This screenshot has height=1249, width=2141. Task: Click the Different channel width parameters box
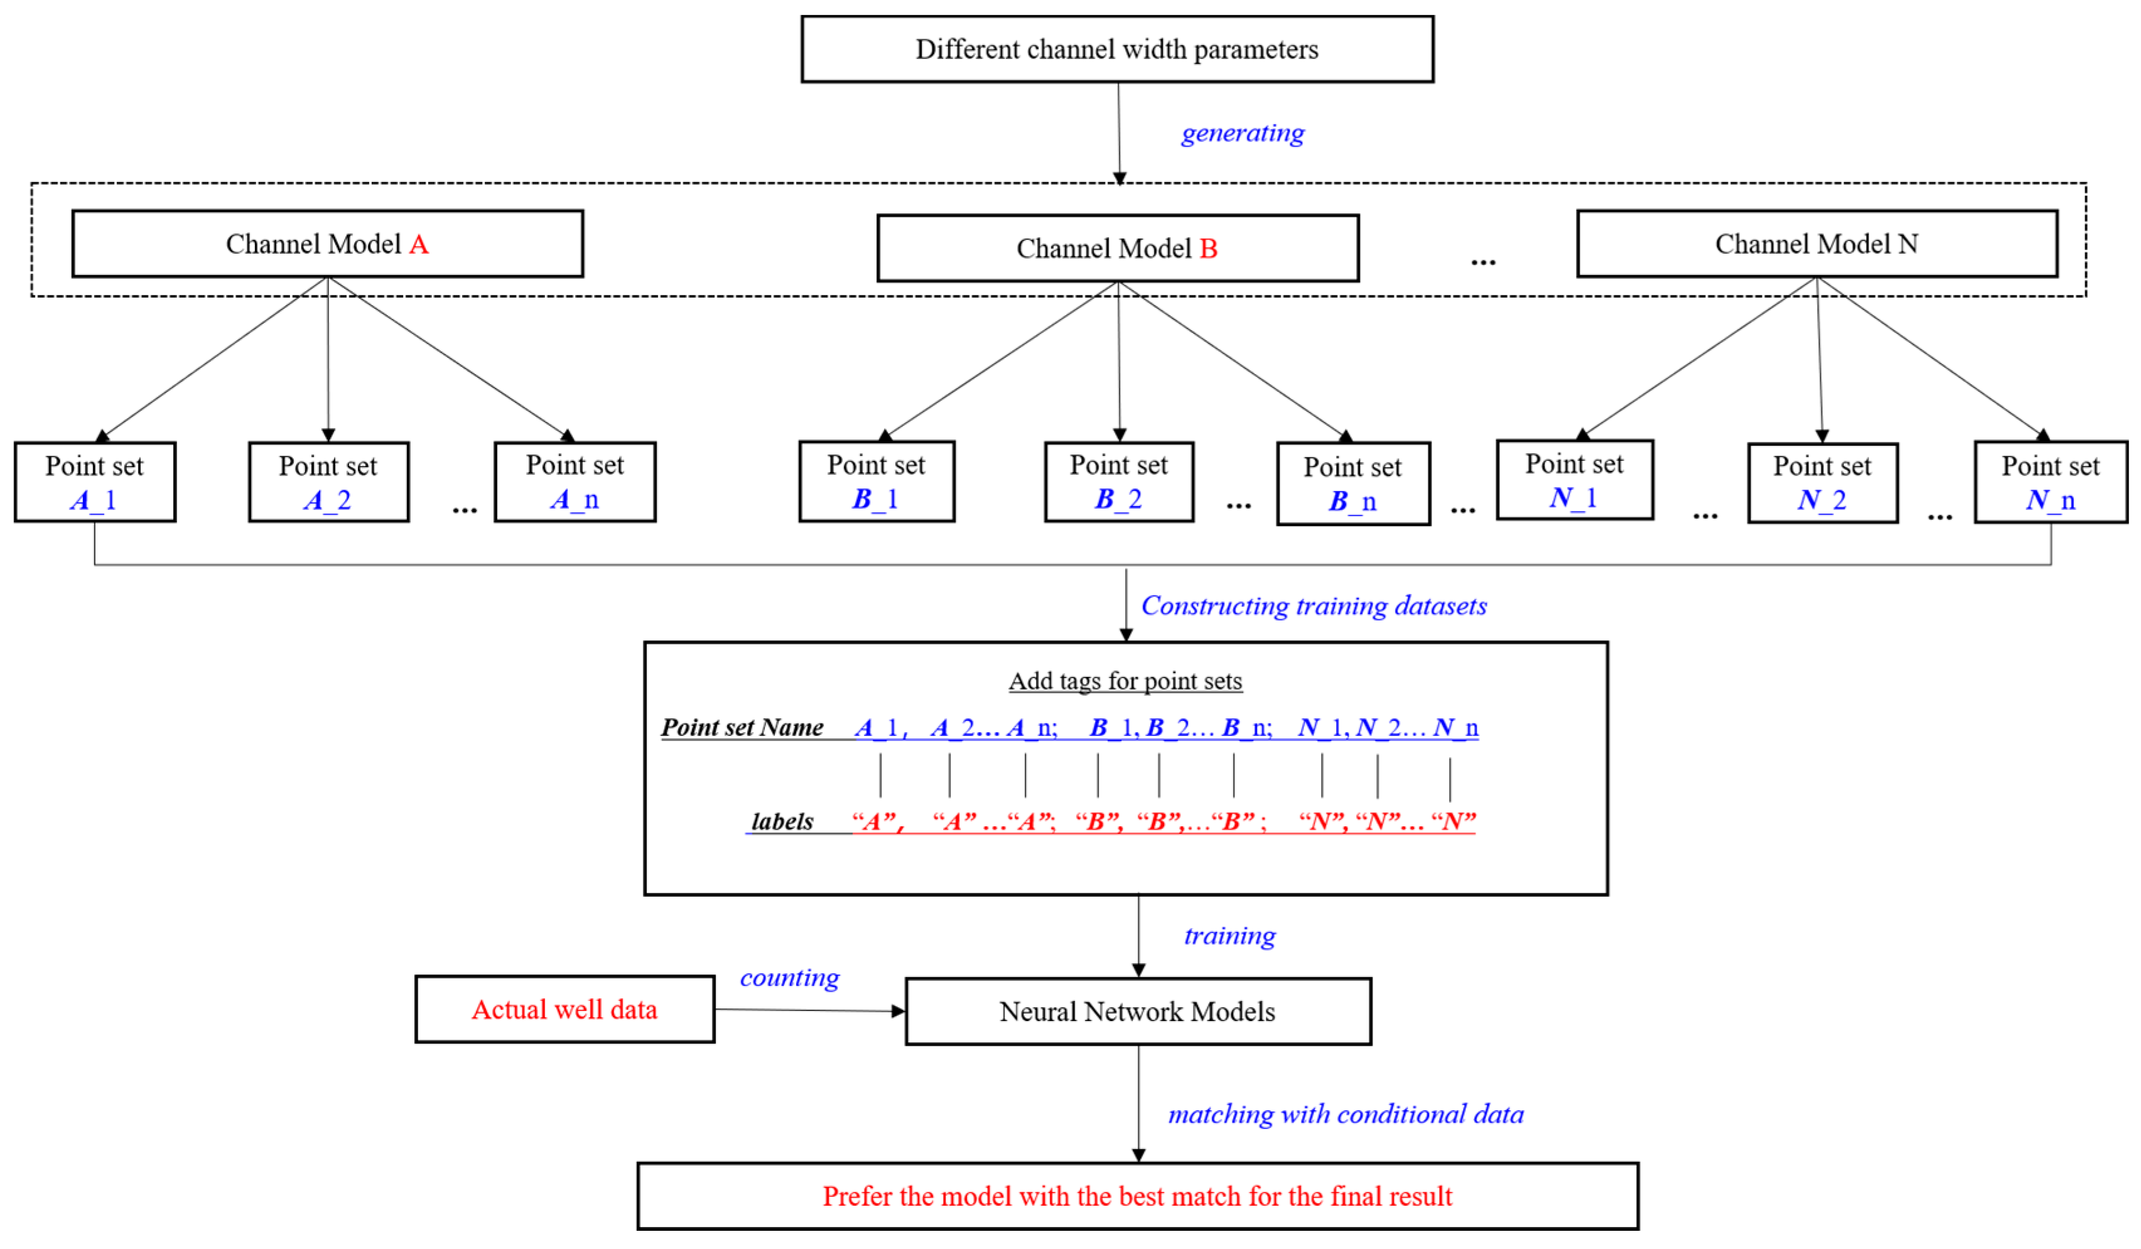click(1117, 49)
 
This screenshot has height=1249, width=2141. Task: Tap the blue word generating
click(1242, 133)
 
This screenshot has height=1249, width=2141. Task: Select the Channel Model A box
click(327, 244)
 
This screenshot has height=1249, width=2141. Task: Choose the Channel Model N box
click(1816, 244)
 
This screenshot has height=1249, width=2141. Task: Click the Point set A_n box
click(575, 482)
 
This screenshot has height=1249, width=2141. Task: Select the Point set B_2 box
click(1118, 482)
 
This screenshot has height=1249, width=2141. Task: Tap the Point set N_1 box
click(1574, 480)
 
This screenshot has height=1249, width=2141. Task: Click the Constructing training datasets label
click(1313, 606)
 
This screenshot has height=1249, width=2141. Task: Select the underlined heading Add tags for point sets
click(1125, 681)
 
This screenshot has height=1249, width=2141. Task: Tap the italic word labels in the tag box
click(782, 821)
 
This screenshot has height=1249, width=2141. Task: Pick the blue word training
click(1229, 936)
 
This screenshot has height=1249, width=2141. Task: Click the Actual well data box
click(564, 1009)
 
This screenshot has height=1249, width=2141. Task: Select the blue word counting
click(789, 977)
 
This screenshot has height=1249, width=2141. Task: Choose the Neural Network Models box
click(1138, 1011)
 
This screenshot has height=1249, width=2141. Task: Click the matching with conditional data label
click(1345, 1114)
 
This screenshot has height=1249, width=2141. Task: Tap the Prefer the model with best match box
click(1137, 1196)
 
